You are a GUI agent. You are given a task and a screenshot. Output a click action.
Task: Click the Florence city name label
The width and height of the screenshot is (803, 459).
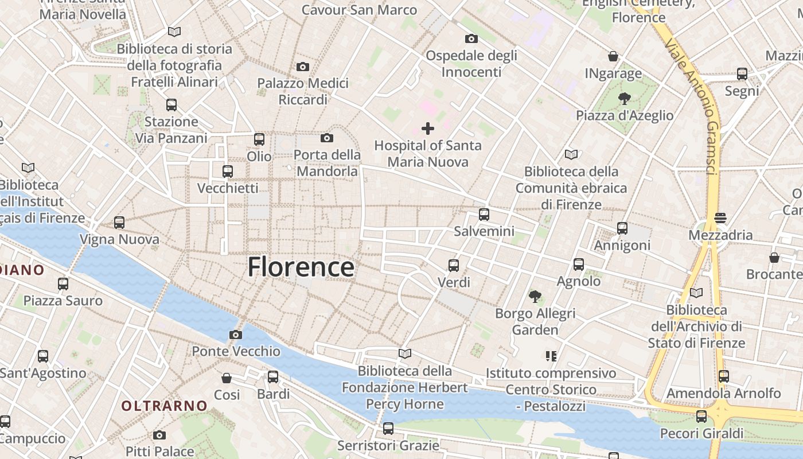pyautogui.click(x=301, y=267)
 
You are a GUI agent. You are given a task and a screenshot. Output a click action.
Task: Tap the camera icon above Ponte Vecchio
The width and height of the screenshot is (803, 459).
pyautogui.click(x=236, y=334)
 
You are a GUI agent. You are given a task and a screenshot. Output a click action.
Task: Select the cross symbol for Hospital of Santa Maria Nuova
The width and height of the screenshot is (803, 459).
pyautogui.click(x=428, y=129)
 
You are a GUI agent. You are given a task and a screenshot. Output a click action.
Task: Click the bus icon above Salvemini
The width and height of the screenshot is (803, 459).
pyautogui.click(x=484, y=215)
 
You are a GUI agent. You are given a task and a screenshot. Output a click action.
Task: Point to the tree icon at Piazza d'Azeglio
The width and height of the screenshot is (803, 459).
pyautogui.click(x=625, y=99)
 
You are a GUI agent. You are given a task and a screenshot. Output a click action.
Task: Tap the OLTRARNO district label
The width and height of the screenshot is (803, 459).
pyautogui.click(x=164, y=406)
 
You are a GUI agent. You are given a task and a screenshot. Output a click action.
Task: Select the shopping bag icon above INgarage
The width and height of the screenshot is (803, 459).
pyautogui.click(x=613, y=56)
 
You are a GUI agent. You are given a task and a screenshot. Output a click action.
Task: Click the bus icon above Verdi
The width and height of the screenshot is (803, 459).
pyautogui.click(x=454, y=266)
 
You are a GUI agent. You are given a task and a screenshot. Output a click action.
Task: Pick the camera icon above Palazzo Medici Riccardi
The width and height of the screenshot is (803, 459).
pyautogui.click(x=303, y=67)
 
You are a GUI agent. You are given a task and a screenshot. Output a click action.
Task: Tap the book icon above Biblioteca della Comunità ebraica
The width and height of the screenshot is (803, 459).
pyautogui.click(x=571, y=154)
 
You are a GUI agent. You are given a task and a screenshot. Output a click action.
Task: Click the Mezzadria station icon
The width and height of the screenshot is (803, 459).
pyautogui.click(x=720, y=218)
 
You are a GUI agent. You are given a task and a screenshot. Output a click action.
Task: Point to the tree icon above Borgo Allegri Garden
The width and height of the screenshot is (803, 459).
pyautogui.click(x=535, y=297)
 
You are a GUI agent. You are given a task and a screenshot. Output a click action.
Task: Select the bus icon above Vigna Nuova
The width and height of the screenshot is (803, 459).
pyautogui.click(x=119, y=223)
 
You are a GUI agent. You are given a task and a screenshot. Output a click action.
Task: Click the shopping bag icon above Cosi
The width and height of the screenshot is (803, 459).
pyautogui.click(x=227, y=378)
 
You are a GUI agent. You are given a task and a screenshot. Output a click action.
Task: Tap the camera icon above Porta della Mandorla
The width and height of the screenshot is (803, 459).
pyautogui.click(x=327, y=138)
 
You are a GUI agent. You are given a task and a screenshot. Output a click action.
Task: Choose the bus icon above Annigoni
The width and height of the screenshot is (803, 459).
pyautogui.click(x=622, y=228)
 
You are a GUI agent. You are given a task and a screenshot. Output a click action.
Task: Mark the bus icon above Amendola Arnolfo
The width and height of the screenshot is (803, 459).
pyautogui.click(x=724, y=376)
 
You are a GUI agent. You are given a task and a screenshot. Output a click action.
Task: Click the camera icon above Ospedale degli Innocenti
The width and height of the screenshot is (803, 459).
pyautogui.click(x=471, y=38)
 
